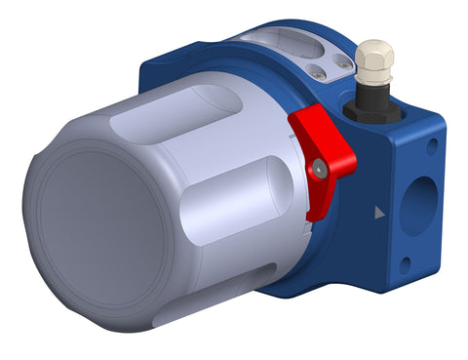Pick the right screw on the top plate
click(343, 63)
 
